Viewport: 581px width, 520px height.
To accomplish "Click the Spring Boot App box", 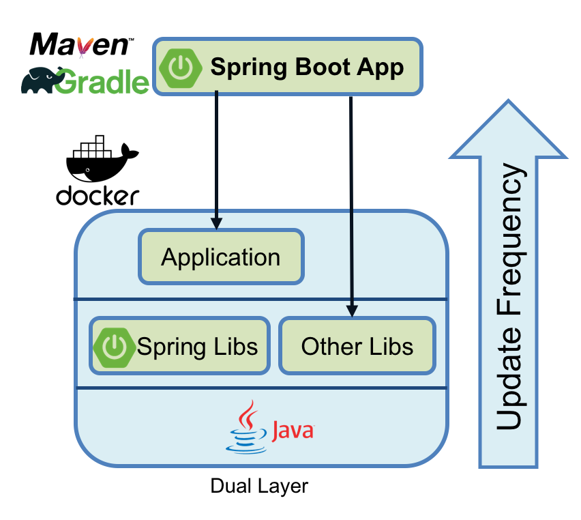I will [x=287, y=67].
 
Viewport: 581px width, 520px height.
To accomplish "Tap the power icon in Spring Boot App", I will [x=180, y=67].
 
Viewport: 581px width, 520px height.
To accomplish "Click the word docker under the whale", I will [x=98, y=196].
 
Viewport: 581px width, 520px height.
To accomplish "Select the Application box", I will [x=221, y=257].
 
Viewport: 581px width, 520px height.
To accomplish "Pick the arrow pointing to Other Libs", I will [x=351, y=205].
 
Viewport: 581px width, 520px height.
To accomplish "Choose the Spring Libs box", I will [x=179, y=346].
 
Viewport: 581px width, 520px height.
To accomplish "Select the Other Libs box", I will [x=357, y=346].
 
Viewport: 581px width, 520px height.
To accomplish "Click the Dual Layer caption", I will [x=259, y=487].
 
